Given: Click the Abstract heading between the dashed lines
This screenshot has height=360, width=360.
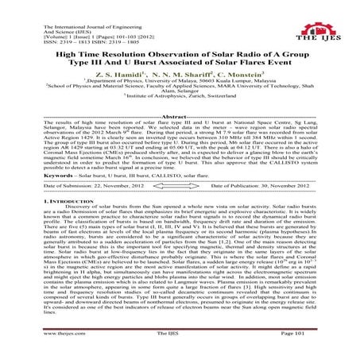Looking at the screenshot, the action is pyautogui.click(x=180, y=118).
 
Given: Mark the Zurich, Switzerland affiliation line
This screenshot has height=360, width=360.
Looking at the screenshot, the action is pyautogui.click(x=183, y=105).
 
